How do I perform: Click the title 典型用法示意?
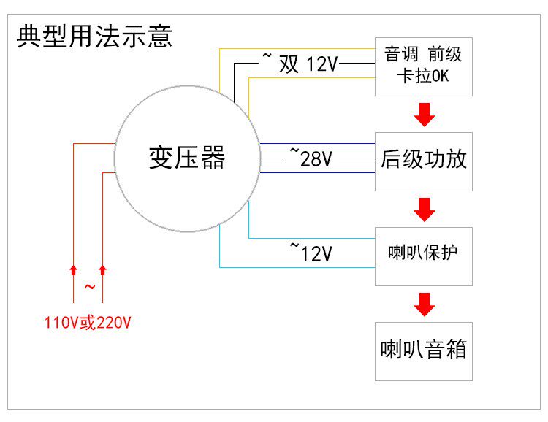pyautogui.click(x=95, y=36)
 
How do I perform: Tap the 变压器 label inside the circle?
pyautogui.click(x=187, y=158)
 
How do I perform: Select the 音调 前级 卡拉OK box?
pyautogui.click(x=424, y=66)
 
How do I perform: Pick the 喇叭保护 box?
pyautogui.click(x=424, y=256)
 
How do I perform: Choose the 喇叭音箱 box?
pyautogui.click(x=424, y=350)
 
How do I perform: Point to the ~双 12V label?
pyautogui.click(x=300, y=64)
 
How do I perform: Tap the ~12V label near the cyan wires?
pyautogui.click(x=312, y=253)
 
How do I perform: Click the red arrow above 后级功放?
pyautogui.click(x=424, y=114)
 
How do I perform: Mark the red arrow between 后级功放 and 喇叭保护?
pyautogui.click(x=424, y=209)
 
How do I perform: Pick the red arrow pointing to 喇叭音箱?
pyautogui.click(x=424, y=304)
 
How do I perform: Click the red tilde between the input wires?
pyautogui.click(x=89, y=287)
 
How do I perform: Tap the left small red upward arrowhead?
pyautogui.click(x=73, y=270)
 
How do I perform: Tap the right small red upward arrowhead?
pyautogui.click(x=102, y=270)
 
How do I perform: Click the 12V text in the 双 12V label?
pyautogui.click(x=321, y=65)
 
